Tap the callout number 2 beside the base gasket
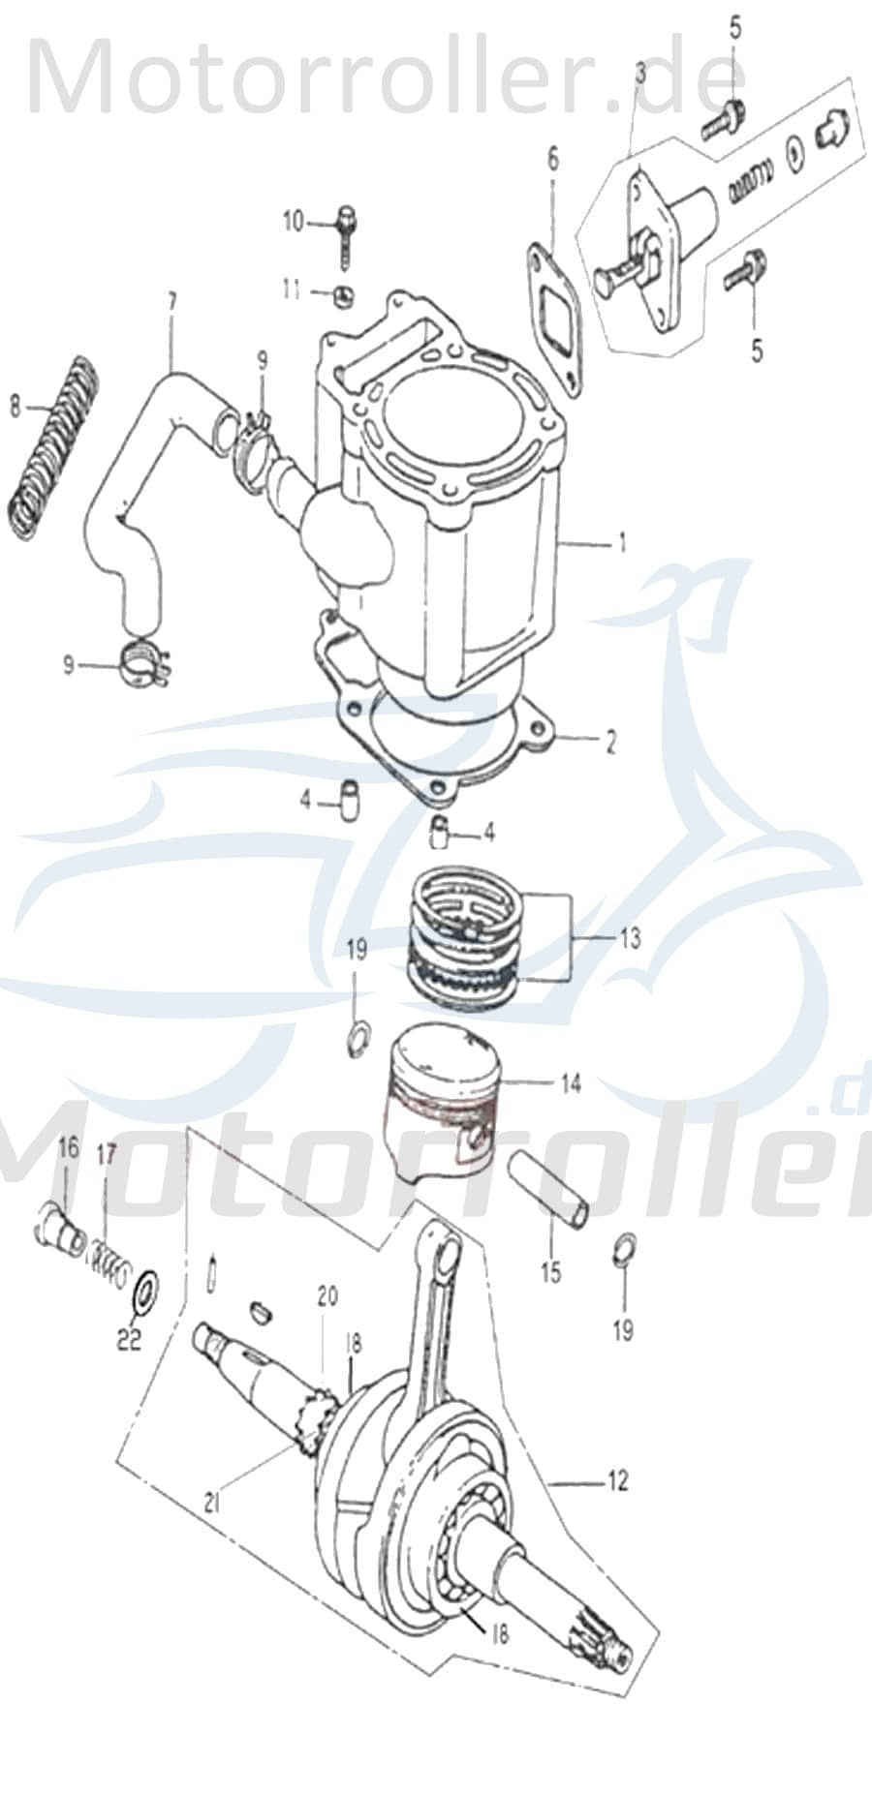pos(610,742)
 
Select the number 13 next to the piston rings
pos(630,938)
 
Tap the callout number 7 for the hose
pos(171,301)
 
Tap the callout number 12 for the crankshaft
pos(617,1480)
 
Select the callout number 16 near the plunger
pos(67,1149)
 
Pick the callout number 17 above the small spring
pos(106,1154)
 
